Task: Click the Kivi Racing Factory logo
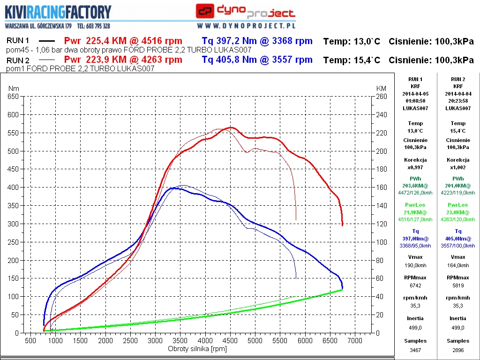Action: (59, 12)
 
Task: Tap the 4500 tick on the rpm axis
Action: (230, 340)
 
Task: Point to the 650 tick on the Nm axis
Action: (13, 96)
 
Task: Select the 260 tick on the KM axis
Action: (382, 96)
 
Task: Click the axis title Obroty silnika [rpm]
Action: (197, 349)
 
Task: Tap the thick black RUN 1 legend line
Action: (46, 41)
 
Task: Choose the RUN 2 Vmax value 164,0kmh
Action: (458, 265)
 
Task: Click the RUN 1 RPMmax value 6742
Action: (415, 285)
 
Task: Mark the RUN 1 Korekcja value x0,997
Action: (415, 167)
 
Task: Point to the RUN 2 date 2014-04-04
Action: (458, 93)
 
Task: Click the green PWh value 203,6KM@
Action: (415, 186)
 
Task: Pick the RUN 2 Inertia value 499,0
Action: (458, 328)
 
